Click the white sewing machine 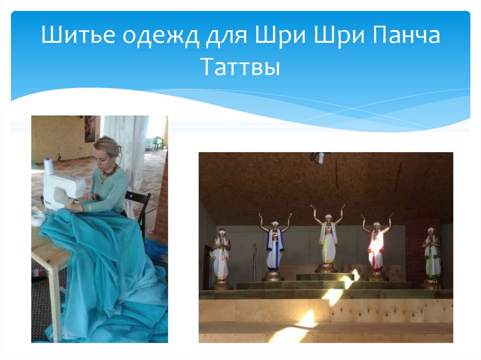coord(63,188)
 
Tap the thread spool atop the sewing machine coord(49,166)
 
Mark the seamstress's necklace coord(109,173)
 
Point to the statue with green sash coord(432,256)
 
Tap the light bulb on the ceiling coord(321,158)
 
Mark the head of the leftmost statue coord(220,232)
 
